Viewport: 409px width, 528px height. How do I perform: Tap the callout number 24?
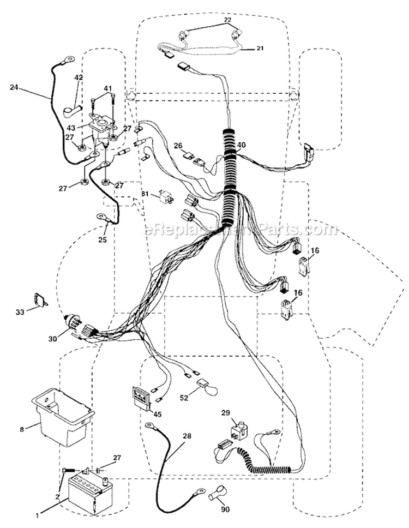click(x=14, y=88)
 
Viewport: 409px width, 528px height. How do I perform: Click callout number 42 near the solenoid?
click(x=79, y=77)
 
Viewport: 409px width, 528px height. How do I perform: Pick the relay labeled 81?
click(x=167, y=197)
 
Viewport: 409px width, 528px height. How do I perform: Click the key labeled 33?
click(x=40, y=299)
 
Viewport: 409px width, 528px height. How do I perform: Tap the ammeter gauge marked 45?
click(x=141, y=398)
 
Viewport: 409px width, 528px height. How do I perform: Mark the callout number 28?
click(x=187, y=436)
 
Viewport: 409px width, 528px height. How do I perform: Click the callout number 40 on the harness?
click(x=241, y=145)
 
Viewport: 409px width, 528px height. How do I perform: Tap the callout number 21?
click(x=260, y=48)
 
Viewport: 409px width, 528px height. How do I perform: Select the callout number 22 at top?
click(x=228, y=20)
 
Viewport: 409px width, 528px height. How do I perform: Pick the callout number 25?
click(x=103, y=240)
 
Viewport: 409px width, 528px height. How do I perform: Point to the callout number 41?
click(x=108, y=88)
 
